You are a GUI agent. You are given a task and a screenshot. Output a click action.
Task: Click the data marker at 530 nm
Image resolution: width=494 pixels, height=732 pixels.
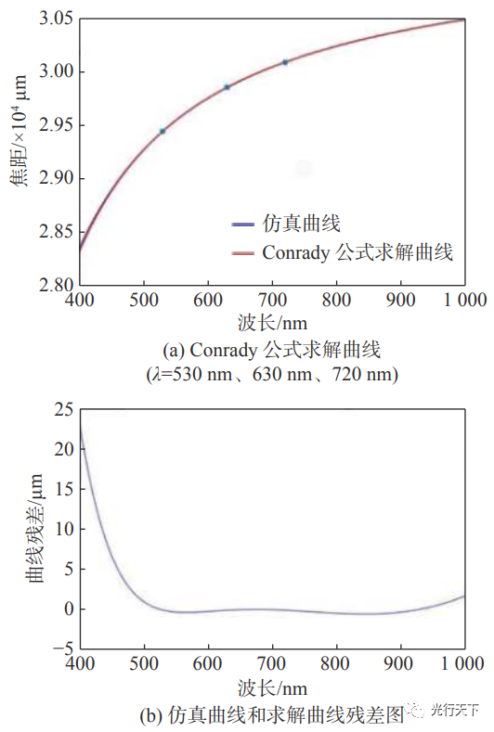(162, 131)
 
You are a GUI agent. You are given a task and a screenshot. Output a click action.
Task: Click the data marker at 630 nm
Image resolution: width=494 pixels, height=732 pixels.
(227, 86)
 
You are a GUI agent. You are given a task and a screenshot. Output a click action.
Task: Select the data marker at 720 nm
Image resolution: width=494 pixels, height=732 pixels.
(285, 62)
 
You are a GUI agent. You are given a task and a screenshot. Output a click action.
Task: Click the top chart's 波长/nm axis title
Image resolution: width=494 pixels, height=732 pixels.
(271, 324)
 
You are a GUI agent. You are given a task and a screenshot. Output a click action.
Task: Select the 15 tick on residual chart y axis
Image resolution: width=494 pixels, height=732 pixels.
(60, 490)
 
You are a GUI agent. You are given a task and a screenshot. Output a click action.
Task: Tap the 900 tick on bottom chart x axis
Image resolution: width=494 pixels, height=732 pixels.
(400, 664)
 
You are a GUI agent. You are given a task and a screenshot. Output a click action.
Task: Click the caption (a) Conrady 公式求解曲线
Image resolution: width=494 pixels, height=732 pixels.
(271, 350)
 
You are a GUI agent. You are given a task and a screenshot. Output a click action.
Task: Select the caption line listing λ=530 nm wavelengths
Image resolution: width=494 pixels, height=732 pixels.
(271, 374)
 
